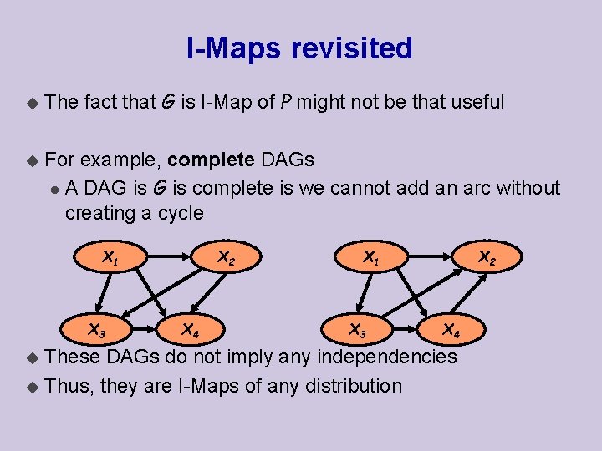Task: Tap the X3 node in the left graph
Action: (97, 330)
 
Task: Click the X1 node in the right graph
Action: (370, 258)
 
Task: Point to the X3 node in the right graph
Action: (356, 330)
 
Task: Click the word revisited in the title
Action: (352, 48)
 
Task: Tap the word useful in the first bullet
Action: (477, 103)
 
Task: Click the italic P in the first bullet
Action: (286, 103)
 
